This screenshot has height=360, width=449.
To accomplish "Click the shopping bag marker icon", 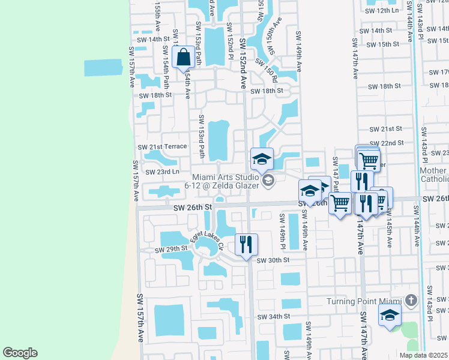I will [183, 58].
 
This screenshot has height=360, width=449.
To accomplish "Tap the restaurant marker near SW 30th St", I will [246, 244].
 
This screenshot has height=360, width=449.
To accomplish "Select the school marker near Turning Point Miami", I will [390, 314].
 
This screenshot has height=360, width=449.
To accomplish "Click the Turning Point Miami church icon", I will [411, 299].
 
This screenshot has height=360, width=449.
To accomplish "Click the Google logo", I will [20, 353].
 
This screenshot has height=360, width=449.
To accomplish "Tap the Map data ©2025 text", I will [423, 355].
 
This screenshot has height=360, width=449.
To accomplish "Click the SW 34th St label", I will [274, 316].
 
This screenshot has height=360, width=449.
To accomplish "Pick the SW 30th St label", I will [273, 260].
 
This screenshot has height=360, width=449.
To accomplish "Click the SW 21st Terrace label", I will [162, 146].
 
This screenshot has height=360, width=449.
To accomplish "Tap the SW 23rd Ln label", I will [159, 172].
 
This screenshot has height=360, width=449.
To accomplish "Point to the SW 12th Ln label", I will [382, 10].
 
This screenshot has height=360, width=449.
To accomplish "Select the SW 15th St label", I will [382, 44].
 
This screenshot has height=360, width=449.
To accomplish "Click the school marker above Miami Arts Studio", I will [262, 159].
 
